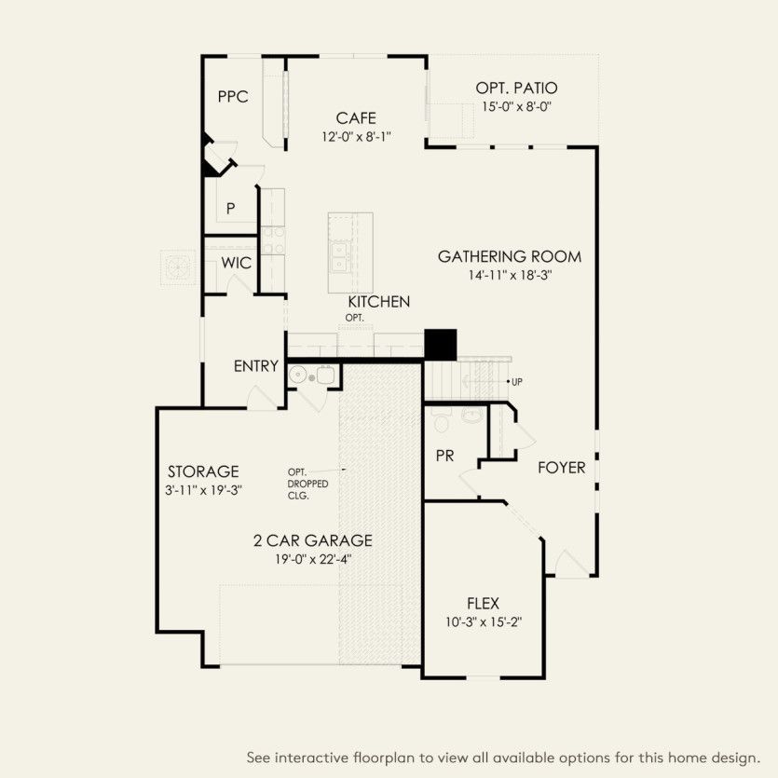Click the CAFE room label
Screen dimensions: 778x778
point(356,118)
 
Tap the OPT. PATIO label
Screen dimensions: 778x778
point(516,88)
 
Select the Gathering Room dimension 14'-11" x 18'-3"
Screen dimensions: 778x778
point(510,275)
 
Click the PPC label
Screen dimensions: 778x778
point(233,97)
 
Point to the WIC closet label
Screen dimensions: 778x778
point(236,264)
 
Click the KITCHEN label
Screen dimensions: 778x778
point(379,302)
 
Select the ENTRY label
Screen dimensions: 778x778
point(255,366)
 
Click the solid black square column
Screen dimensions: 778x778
point(441,344)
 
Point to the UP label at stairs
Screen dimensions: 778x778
point(515,382)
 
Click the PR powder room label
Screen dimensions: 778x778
point(444,456)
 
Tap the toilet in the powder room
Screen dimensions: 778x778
point(443,422)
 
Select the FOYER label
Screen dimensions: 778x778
point(562,468)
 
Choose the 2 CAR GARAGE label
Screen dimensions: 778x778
point(313,540)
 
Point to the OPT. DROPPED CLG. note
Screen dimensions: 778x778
point(307,484)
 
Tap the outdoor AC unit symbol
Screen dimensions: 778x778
point(174,266)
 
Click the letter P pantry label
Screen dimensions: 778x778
point(230,209)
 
